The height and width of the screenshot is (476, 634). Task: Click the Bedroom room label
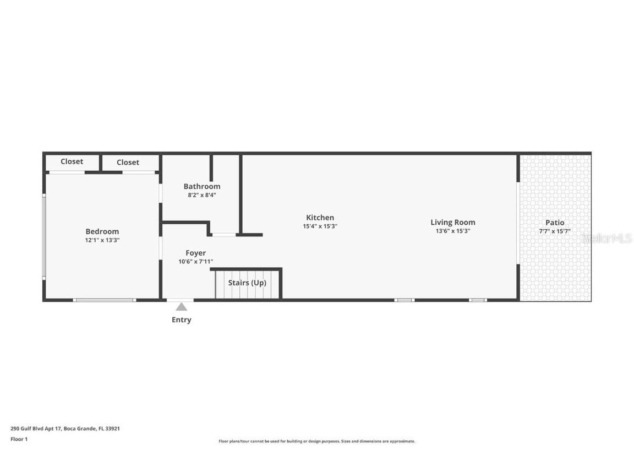(x=102, y=231)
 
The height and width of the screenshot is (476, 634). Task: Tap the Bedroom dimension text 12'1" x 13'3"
(x=102, y=240)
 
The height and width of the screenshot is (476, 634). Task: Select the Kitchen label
(x=320, y=218)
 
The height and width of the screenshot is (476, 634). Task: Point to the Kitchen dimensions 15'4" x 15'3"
(x=320, y=226)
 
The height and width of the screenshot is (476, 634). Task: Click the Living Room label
(x=452, y=223)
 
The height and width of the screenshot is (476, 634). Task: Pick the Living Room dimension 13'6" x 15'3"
(x=452, y=231)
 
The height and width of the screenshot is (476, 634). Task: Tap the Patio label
(x=555, y=223)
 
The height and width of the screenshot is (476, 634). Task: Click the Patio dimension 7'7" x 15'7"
(x=555, y=231)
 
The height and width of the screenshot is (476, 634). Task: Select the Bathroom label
(x=202, y=186)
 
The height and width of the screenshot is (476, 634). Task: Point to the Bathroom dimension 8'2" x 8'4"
(x=202, y=194)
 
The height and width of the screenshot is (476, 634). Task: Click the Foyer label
(x=195, y=253)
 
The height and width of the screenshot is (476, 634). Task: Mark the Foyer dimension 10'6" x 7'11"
(x=195, y=262)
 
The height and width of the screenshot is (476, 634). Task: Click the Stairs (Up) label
(x=247, y=283)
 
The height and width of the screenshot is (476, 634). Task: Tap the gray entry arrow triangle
(x=181, y=307)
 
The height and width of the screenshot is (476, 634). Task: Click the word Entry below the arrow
(x=181, y=320)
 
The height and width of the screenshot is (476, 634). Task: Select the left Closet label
(x=72, y=161)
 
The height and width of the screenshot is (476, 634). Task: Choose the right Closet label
(x=128, y=162)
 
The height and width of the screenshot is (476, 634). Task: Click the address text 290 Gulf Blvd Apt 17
(x=36, y=428)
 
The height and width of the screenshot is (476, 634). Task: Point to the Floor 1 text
(x=19, y=439)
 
